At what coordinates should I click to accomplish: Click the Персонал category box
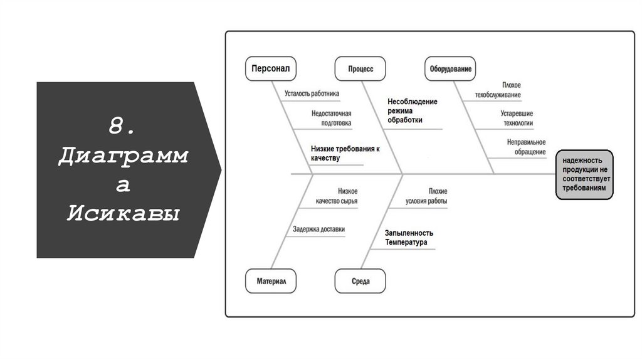270,68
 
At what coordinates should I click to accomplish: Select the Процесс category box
360,68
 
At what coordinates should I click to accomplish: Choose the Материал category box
271,282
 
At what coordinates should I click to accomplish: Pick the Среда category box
360,282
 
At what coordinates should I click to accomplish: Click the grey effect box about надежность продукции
584,174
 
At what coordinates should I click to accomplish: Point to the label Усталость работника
312,94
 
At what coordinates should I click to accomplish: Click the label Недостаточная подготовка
331,119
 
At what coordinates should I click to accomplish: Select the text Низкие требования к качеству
345,154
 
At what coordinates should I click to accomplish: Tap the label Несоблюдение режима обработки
412,110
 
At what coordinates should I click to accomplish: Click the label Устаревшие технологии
517,119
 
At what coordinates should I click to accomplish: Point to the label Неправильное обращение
526,147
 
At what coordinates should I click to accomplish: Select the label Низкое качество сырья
337,196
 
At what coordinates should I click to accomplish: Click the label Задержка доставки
318,230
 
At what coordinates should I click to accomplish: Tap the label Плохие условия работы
426,196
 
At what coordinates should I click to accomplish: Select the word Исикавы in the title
123,213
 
